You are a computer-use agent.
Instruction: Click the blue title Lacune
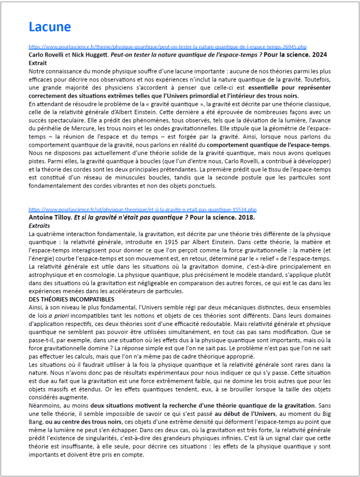(x=50, y=27)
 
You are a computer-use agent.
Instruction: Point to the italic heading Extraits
(x=39, y=225)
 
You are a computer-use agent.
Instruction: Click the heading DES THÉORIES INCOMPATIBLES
(x=71, y=299)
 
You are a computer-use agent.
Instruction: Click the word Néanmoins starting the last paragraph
(x=46, y=406)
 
